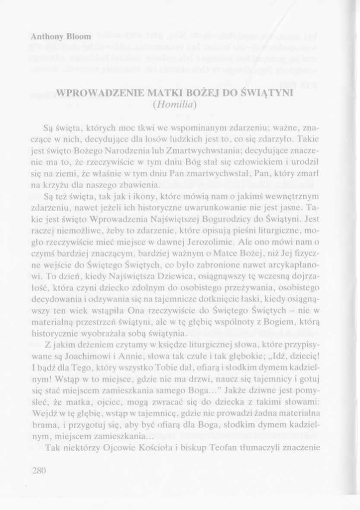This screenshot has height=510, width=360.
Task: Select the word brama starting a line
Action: (x=43, y=424)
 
